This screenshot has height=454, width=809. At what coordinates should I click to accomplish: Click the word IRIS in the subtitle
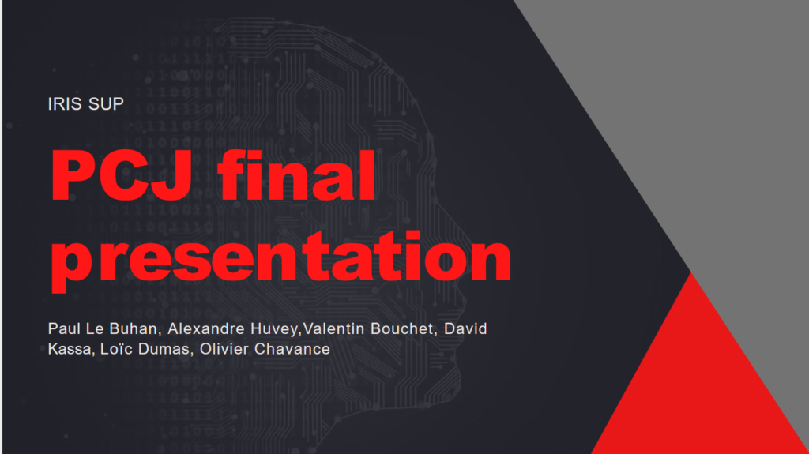[63, 103]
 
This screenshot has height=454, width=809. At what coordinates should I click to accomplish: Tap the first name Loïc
[117, 348]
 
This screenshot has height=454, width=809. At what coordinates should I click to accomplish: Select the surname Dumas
[164, 348]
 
